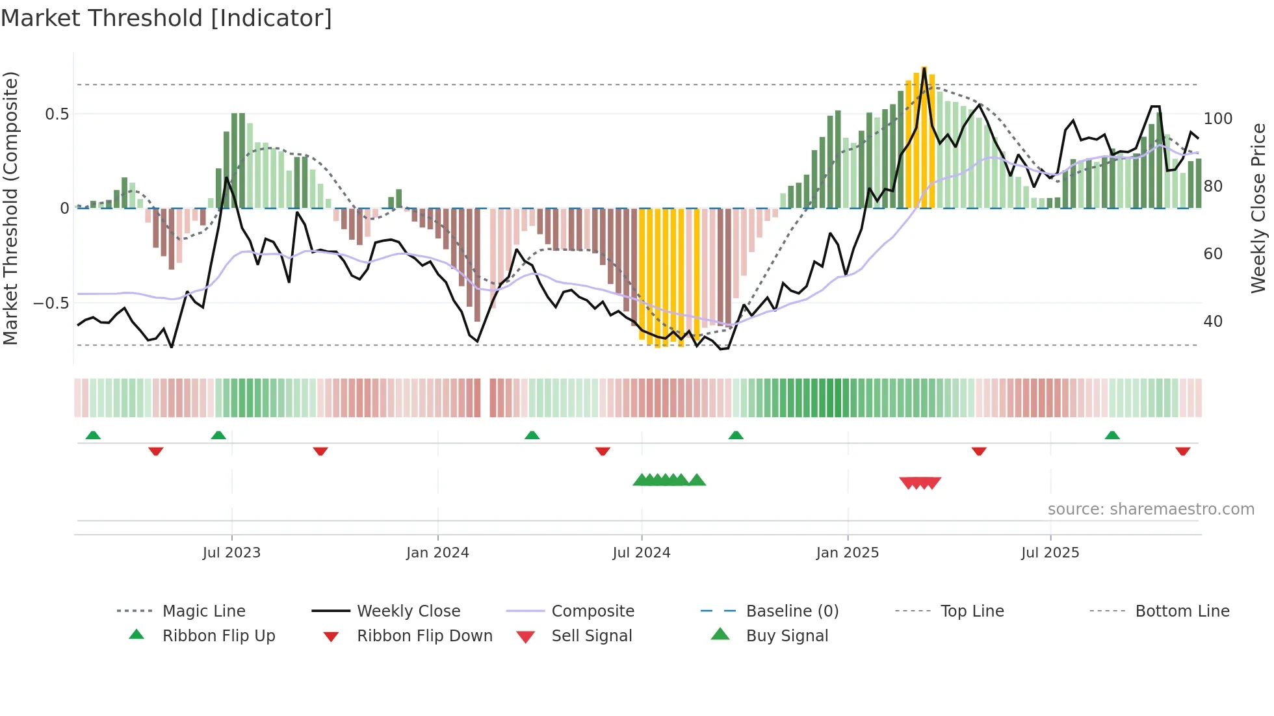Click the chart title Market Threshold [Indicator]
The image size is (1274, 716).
click(166, 18)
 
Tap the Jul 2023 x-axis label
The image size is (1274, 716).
click(231, 553)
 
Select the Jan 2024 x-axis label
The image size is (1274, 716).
click(437, 553)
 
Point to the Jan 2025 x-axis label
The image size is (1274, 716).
click(848, 553)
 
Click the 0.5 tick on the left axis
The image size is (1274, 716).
click(57, 114)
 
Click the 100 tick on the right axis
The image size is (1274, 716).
click(1217, 119)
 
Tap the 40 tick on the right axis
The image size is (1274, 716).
click(1213, 322)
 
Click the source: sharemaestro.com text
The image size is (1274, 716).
click(1150, 509)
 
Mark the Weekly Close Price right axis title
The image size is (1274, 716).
click(1258, 208)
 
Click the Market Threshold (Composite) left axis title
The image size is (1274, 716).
click(10, 208)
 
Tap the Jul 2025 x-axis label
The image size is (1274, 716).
click(1050, 553)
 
